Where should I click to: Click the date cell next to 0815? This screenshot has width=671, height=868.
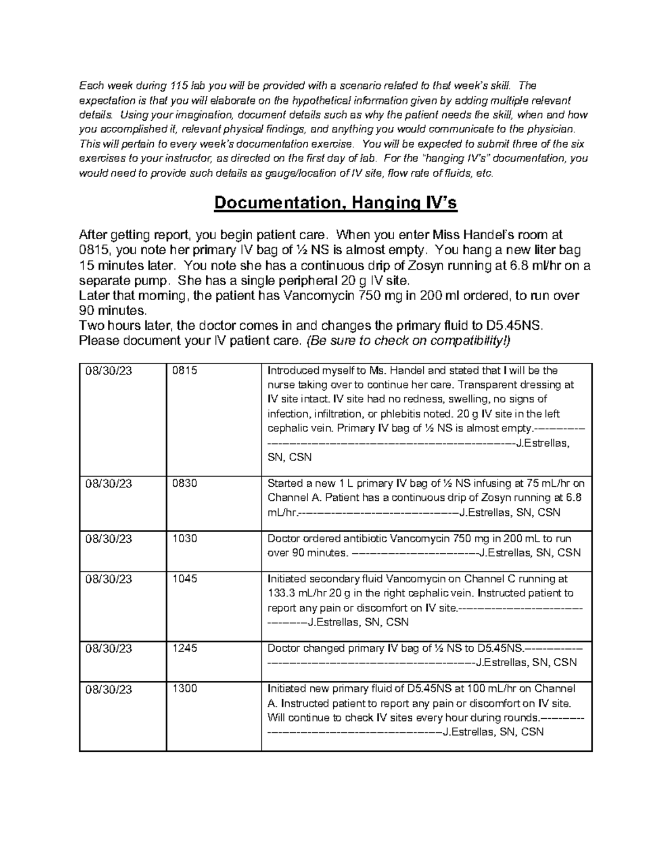pyautogui.click(x=108, y=371)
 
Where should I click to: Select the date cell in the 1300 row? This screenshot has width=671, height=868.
pyautogui.click(x=108, y=689)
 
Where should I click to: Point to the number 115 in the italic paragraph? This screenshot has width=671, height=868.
pyautogui.click(x=179, y=86)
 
